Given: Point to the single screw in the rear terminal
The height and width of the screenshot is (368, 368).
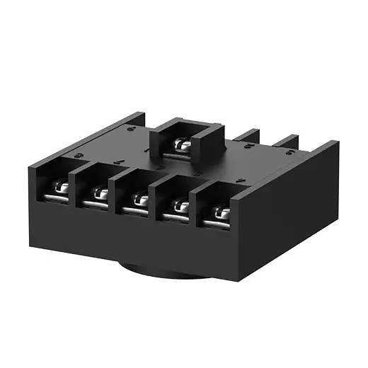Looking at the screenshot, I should click(x=182, y=145).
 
